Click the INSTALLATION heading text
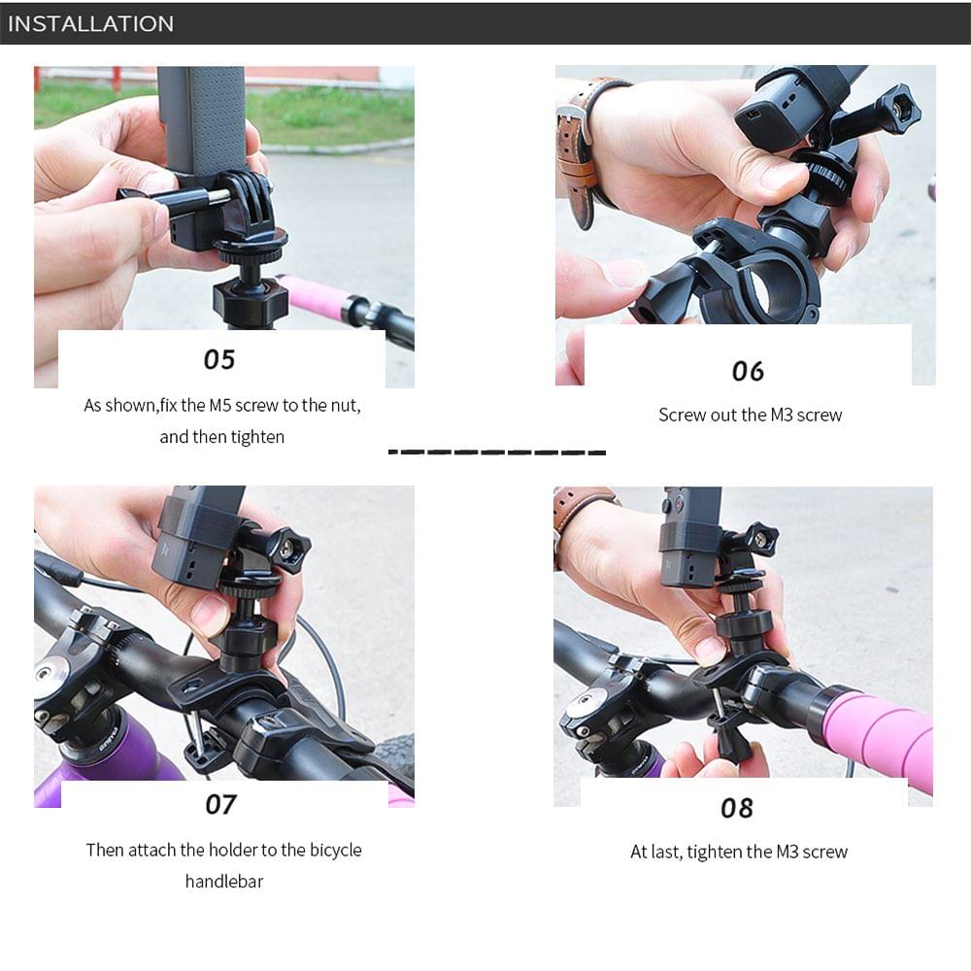[x=90, y=23]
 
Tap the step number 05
[x=219, y=359]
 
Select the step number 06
[x=748, y=371]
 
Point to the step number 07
[x=220, y=804]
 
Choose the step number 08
[x=737, y=808]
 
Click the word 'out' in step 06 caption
[x=724, y=415]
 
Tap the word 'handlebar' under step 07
[x=224, y=882]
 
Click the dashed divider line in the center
[x=496, y=452]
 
